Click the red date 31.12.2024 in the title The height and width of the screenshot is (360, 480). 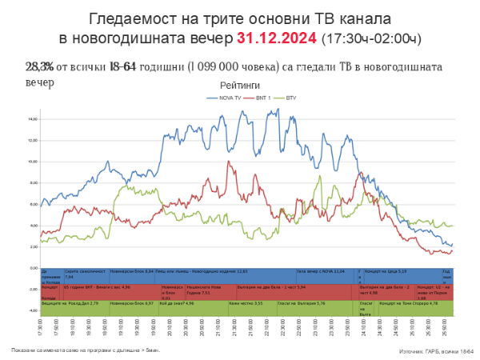pos(277,38)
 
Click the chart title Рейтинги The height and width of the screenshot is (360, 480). pos(240,85)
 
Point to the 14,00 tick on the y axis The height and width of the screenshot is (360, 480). pos(32,119)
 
